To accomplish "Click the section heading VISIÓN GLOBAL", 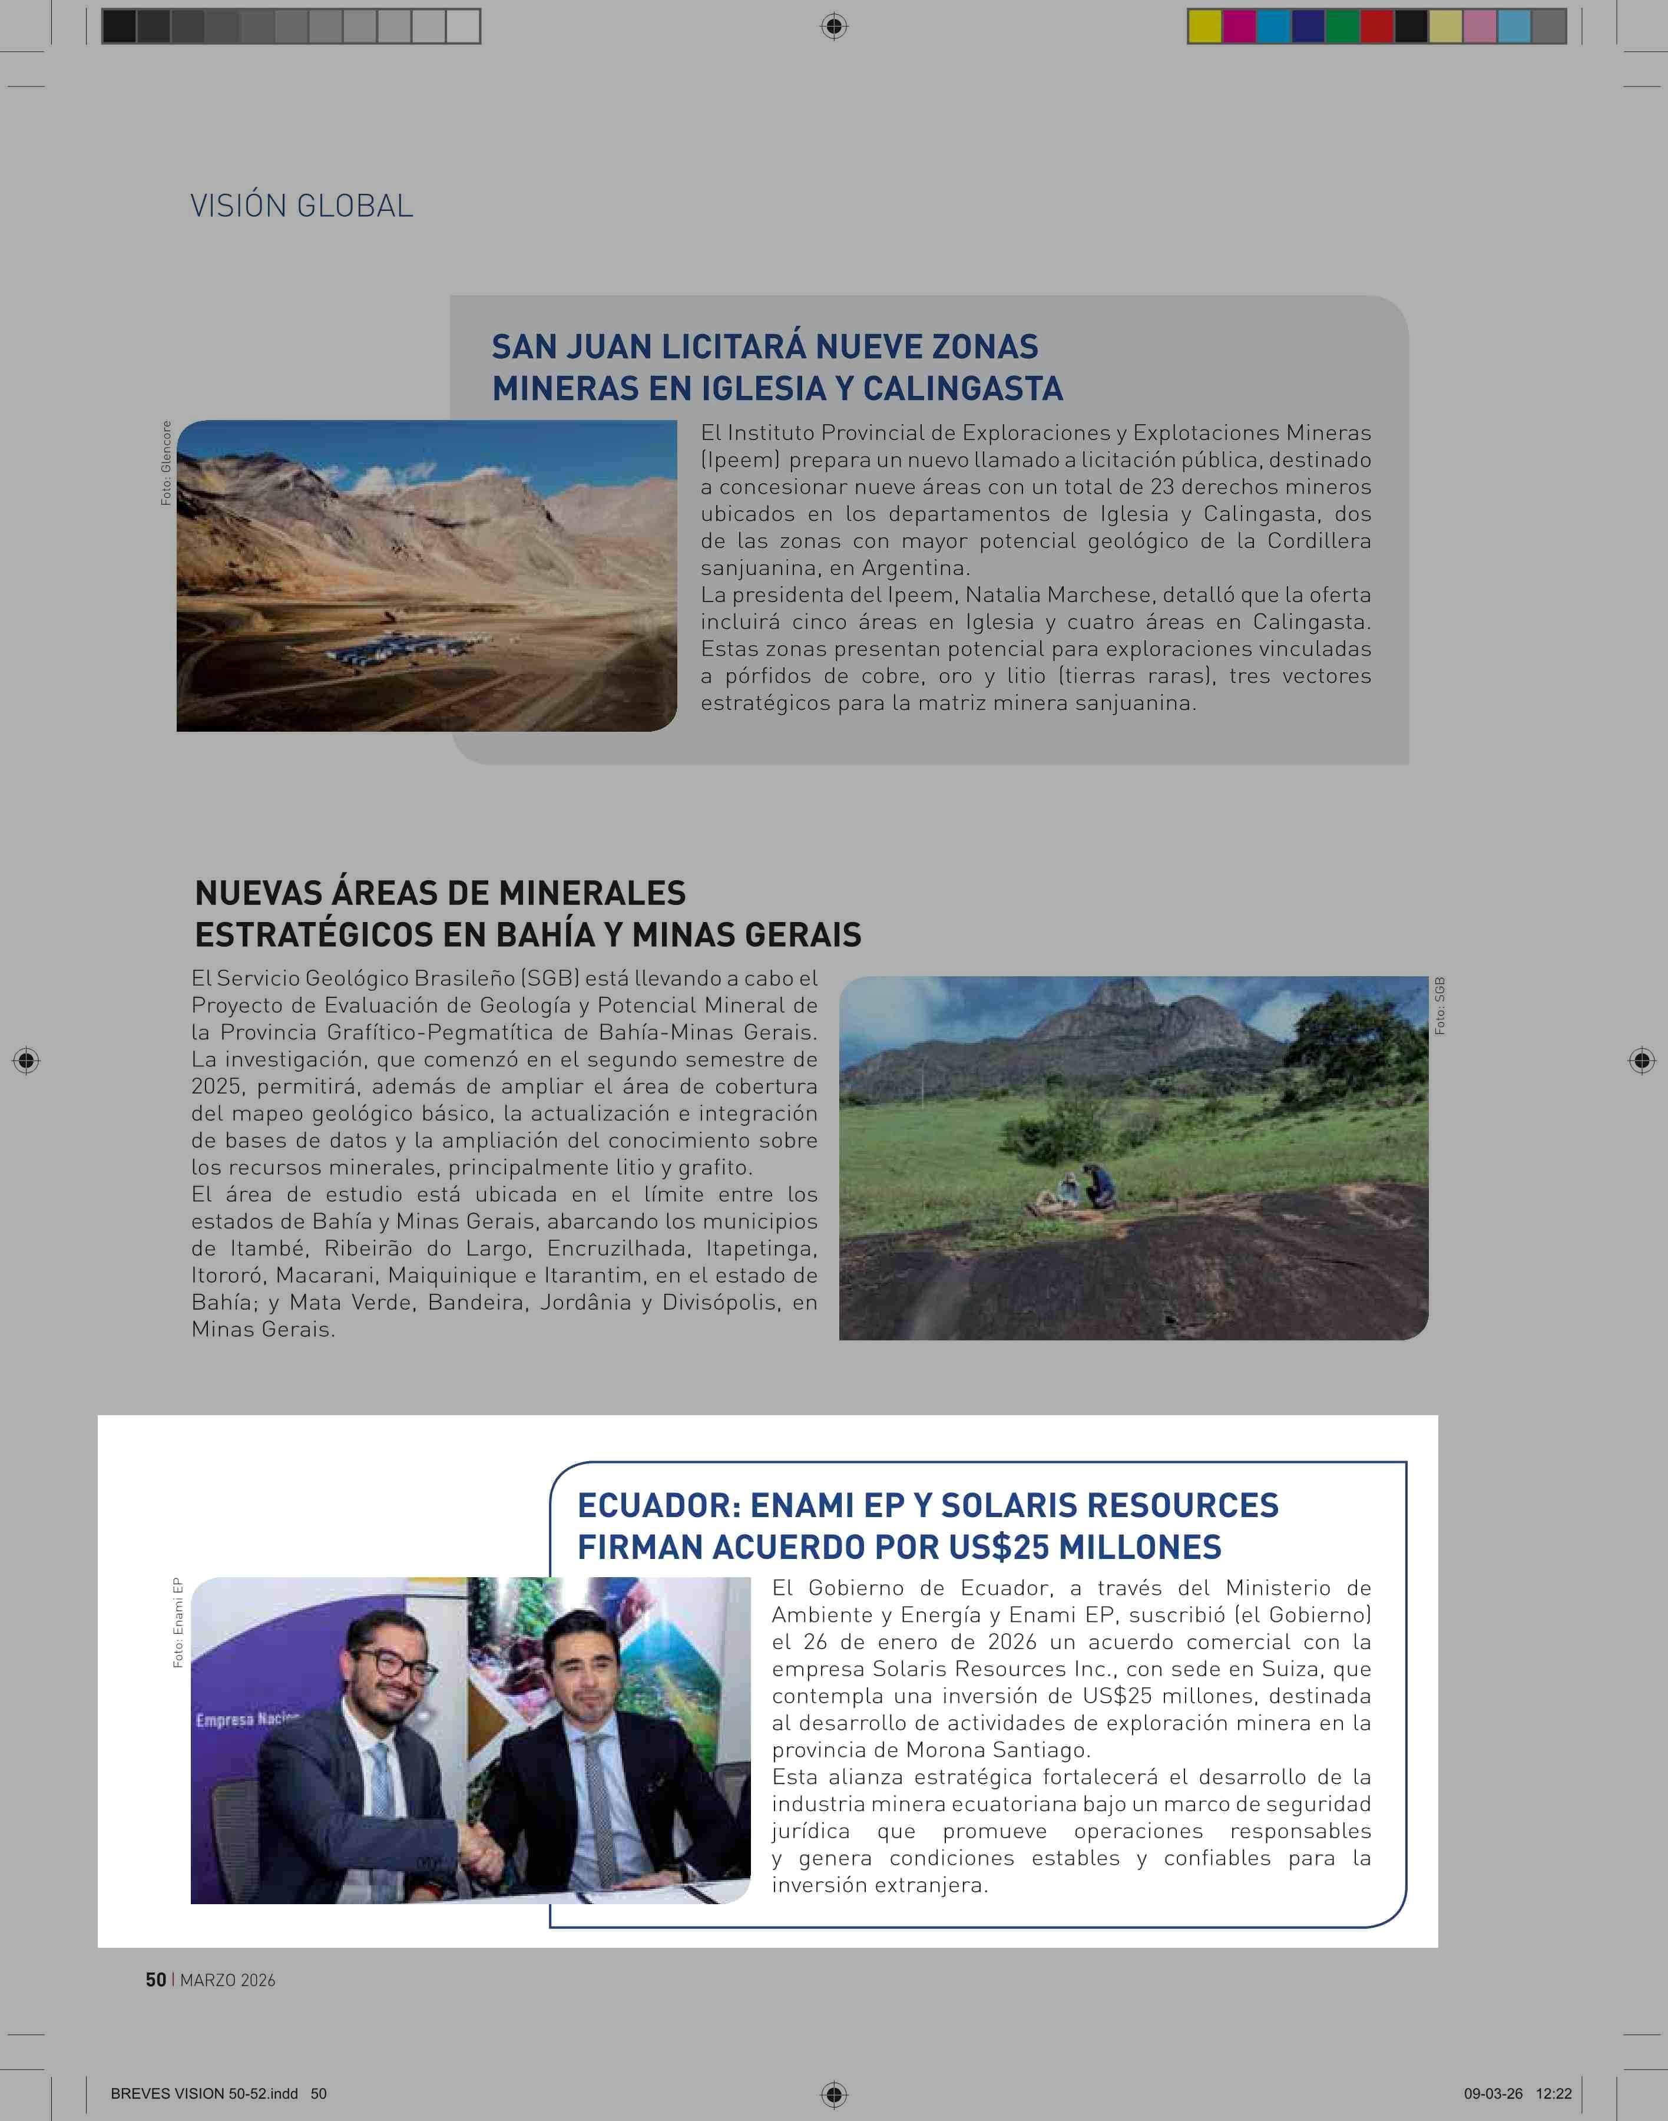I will point(301,206).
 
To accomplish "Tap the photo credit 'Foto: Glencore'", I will point(166,463).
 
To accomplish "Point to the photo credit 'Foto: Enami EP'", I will point(178,1623).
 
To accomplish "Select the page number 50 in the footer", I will point(155,1980).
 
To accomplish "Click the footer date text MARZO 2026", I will point(227,1980).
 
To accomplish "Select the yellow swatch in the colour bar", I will point(1204,27).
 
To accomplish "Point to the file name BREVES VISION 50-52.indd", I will point(204,2094).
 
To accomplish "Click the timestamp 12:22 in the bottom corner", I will point(1554,2094).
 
